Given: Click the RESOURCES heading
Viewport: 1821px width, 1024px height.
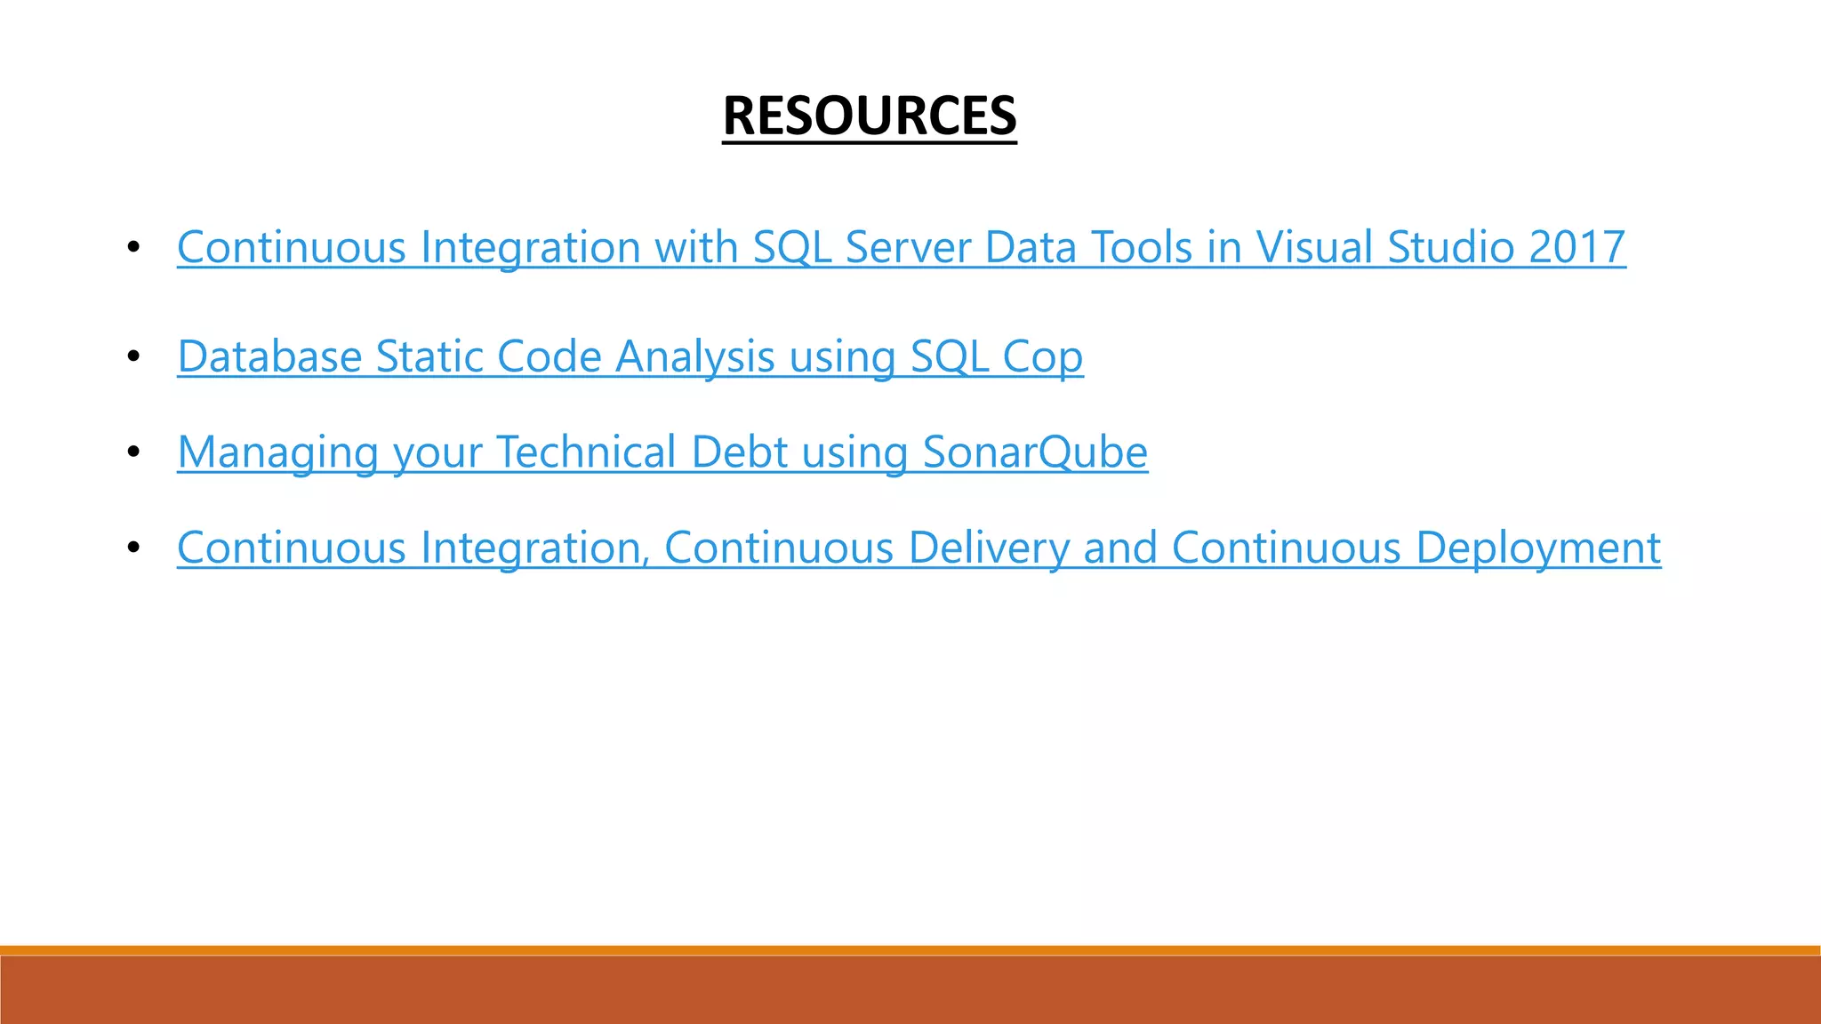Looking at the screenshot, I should pos(869,116).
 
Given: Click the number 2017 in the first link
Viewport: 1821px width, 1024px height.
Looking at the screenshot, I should pos(1576,247).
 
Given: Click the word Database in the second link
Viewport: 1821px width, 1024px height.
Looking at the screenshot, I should pos(269,356).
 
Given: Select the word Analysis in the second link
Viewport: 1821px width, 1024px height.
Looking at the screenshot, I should pos(695,356).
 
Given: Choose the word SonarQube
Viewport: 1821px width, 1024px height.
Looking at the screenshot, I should pos(1035,452).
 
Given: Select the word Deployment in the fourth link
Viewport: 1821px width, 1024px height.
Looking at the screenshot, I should pos(1537,548).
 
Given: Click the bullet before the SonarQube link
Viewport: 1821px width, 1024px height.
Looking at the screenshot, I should pos(133,452).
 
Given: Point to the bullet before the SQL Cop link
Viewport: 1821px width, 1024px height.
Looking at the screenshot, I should pos(133,356).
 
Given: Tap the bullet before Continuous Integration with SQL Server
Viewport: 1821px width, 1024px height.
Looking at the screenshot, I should pos(133,247).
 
